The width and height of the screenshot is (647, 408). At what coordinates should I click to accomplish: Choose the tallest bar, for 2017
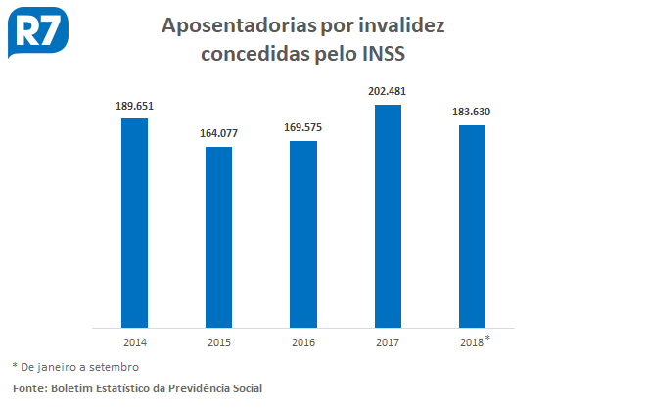coord(388,215)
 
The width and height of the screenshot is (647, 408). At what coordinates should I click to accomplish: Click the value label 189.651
coord(134,105)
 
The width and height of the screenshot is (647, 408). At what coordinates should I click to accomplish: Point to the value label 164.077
coord(218,133)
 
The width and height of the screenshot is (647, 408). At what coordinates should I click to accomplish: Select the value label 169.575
coord(303,127)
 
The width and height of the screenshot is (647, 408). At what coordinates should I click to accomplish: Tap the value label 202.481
coord(388,91)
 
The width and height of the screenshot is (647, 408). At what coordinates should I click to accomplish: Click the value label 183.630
coord(472,112)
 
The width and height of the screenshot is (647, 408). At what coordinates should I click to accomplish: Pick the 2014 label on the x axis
coord(134,342)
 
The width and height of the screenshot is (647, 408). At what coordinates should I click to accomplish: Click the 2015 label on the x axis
coord(218,342)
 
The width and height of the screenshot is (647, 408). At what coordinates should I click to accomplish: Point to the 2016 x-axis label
coord(303,342)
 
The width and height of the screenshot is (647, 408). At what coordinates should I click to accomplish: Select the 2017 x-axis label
coord(388,342)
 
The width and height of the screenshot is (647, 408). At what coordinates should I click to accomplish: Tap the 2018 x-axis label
coord(471,342)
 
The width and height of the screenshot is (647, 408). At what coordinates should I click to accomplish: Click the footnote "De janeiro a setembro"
coord(79,367)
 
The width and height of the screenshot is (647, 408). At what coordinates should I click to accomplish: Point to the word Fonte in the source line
coord(30,388)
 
